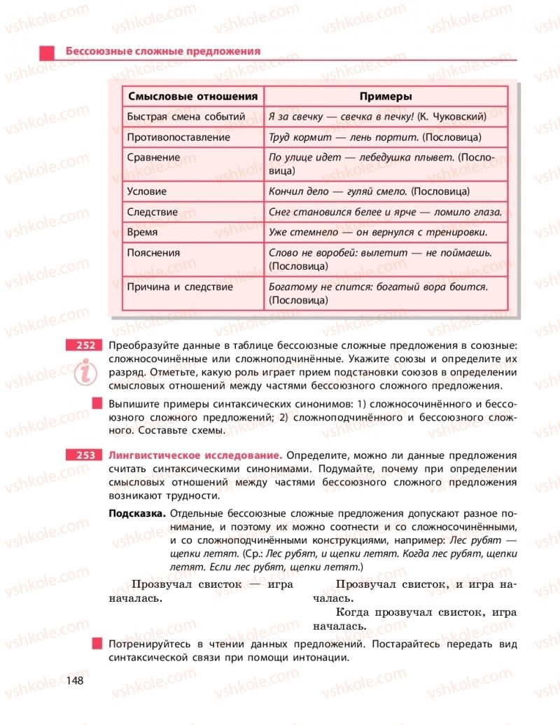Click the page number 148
tap(75, 680)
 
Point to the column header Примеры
tap(385, 97)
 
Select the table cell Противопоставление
tap(178, 137)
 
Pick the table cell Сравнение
tap(153, 158)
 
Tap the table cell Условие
tap(147, 191)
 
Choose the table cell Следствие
tap(153, 212)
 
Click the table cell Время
tap(142, 232)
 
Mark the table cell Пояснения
tap(153, 253)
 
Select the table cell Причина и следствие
tap(180, 286)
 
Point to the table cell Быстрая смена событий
tap(185, 117)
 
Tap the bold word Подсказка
tap(138, 513)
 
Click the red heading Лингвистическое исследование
tap(195, 455)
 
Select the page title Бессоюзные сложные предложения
tap(162, 51)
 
